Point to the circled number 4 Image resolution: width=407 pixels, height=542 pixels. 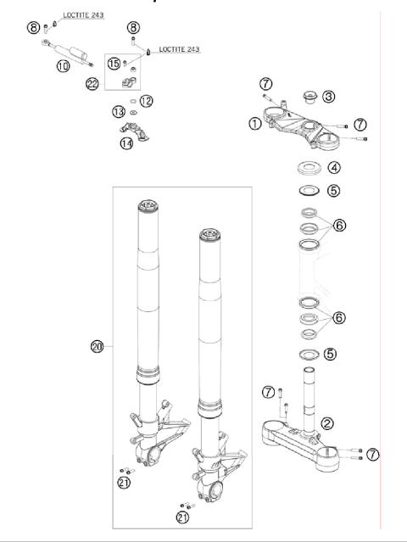(334, 169)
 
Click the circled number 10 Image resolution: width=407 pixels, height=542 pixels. (63, 65)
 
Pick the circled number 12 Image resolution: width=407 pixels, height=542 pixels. (146, 100)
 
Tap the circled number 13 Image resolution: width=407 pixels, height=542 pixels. (118, 112)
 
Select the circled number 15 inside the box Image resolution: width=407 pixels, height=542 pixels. (113, 63)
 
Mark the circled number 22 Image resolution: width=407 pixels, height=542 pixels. (92, 82)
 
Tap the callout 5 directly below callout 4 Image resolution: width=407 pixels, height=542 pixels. (334, 191)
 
